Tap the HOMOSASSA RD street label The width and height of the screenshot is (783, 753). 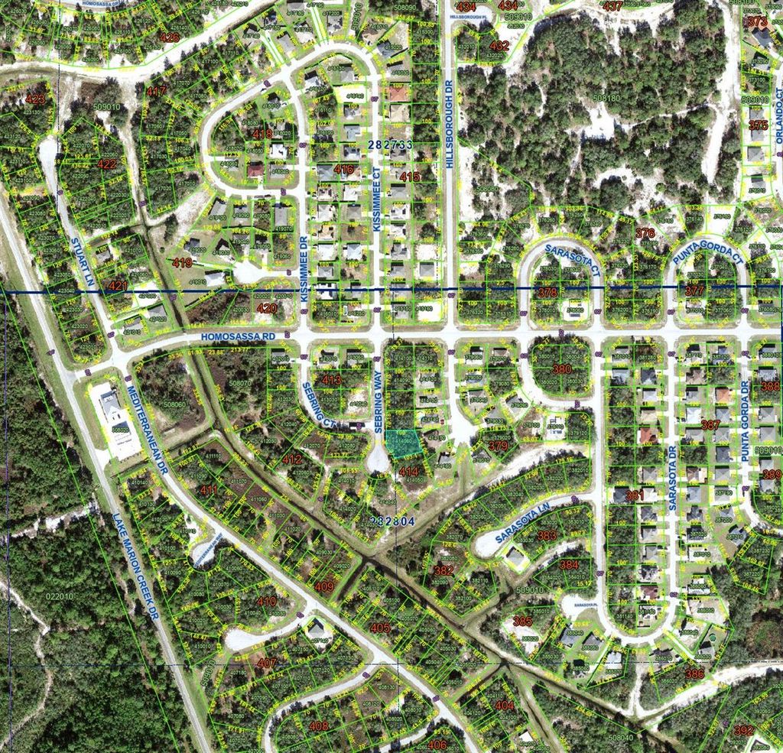(238, 336)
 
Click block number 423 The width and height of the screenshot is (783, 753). (34, 99)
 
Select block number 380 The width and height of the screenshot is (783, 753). (561, 369)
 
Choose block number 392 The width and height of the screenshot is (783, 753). (743, 730)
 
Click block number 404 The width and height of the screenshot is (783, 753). (504, 706)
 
